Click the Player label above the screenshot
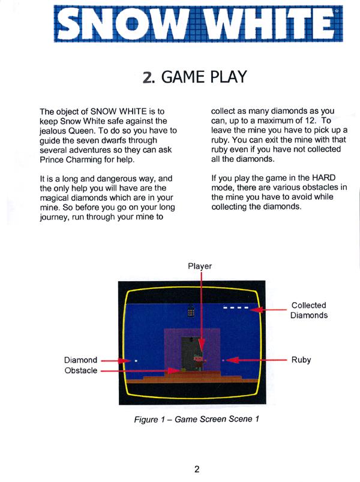tap(200, 266)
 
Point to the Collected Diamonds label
tap(309, 310)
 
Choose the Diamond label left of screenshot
tap(80, 360)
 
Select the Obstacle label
tap(80, 370)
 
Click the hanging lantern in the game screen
tap(191, 311)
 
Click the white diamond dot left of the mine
tap(136, 360)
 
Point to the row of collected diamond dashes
tap(231, 308)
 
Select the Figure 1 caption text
tap(196, 418)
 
